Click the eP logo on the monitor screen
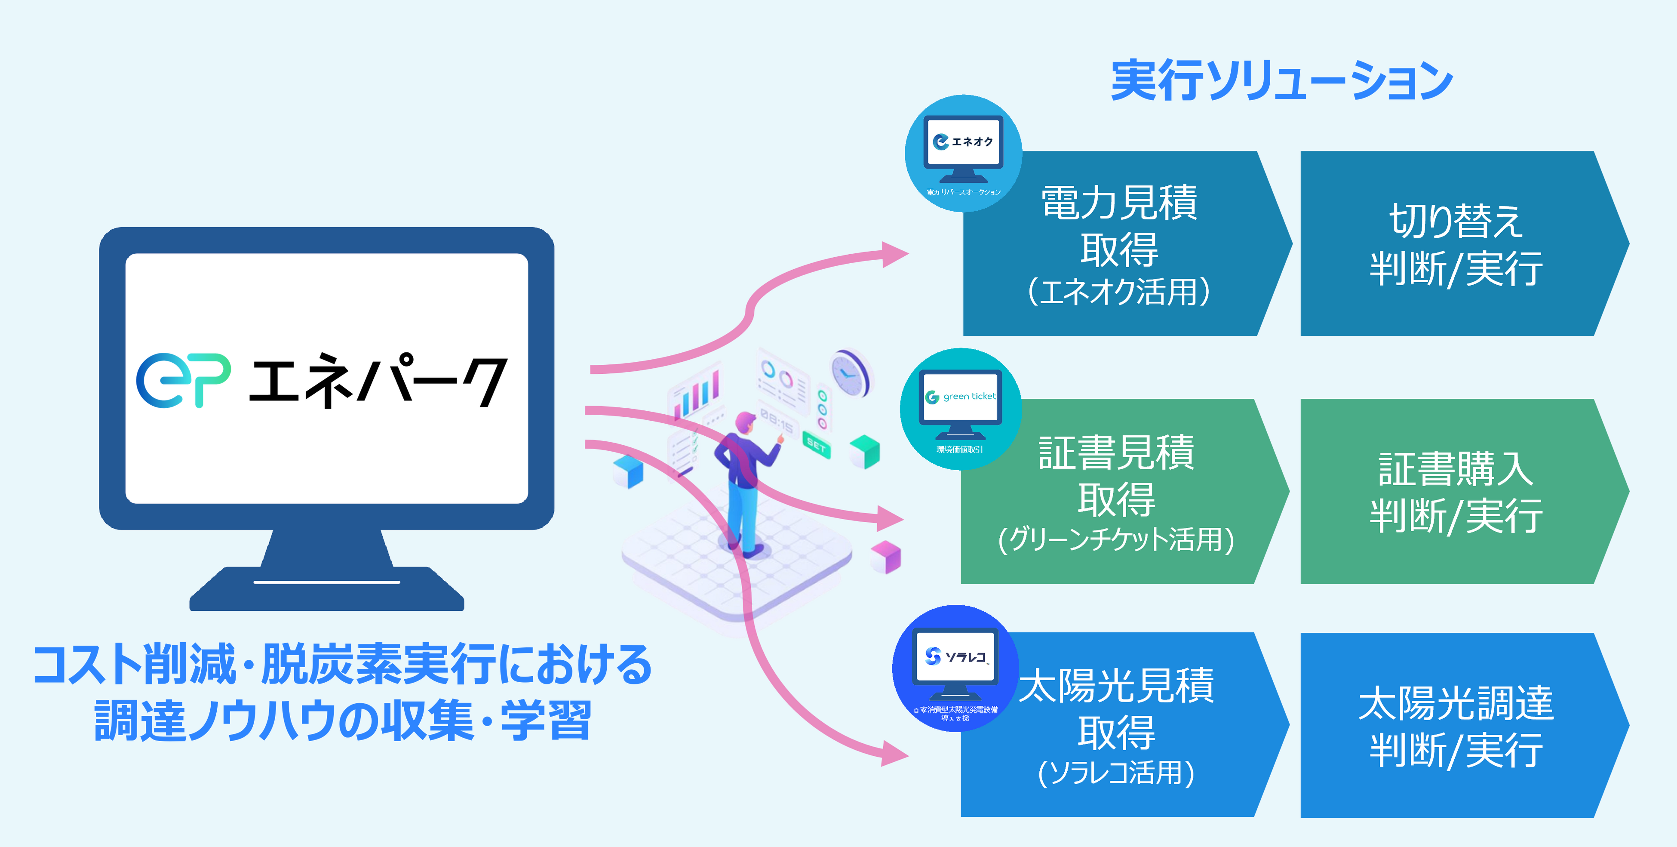point(183,380)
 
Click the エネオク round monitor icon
point(963,153)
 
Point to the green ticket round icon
point(960,408)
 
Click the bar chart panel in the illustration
point(695,392)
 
